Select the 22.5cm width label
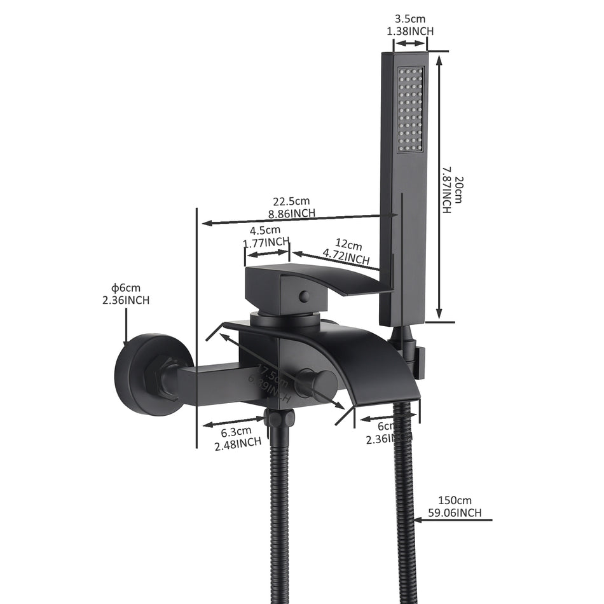293,202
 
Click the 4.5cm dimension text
265,230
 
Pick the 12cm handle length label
349,245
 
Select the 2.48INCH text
238,444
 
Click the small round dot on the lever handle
304,296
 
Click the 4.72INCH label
346,257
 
